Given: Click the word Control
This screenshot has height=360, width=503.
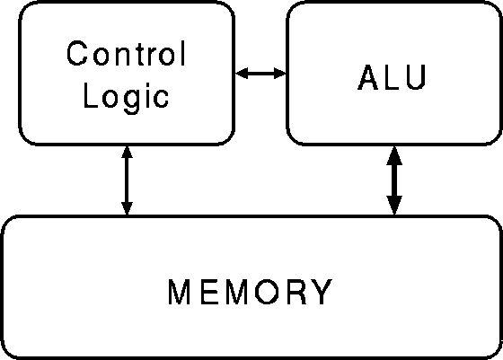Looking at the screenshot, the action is (x=126, y=53).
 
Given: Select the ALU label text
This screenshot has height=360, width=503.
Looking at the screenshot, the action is (x=392, y=77).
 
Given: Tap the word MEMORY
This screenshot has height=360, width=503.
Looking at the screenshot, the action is (x=251, y=292).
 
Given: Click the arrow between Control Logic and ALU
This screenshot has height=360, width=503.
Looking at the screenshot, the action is (x=260, y=73).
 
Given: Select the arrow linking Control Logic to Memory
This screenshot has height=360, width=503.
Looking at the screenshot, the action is (x=127, y=180).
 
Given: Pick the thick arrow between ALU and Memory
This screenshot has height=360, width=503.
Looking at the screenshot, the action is (x=394, y=180).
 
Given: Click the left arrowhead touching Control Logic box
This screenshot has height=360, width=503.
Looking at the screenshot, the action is (x=242, y=73).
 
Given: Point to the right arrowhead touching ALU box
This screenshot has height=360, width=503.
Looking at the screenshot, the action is (x=280, y=73).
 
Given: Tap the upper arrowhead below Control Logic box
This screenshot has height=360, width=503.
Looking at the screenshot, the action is (x=127, y=152).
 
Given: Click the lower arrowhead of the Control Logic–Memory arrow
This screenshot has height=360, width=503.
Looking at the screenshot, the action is (x=127, y=208).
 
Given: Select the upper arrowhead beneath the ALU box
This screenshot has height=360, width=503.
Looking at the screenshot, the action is (x=394, y=155).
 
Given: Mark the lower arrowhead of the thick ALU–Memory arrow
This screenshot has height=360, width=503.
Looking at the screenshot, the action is (x=394, y=206).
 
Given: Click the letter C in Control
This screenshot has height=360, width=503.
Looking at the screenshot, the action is (x=77, y=53).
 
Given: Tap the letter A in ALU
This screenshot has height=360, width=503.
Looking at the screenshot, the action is (x=368, y=77).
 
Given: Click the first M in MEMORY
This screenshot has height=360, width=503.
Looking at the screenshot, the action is (x=179, y=292).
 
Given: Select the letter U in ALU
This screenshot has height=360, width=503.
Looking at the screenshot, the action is (x=417, y=77).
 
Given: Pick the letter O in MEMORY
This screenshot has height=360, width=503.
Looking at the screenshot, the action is (x=269, y=292).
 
